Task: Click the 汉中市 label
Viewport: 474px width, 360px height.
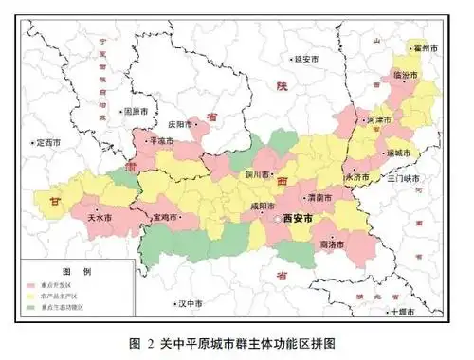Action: pos(191,304)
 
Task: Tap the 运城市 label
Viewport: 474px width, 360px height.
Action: pos(397,153)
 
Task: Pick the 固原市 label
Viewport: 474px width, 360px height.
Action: pos(137,111)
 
